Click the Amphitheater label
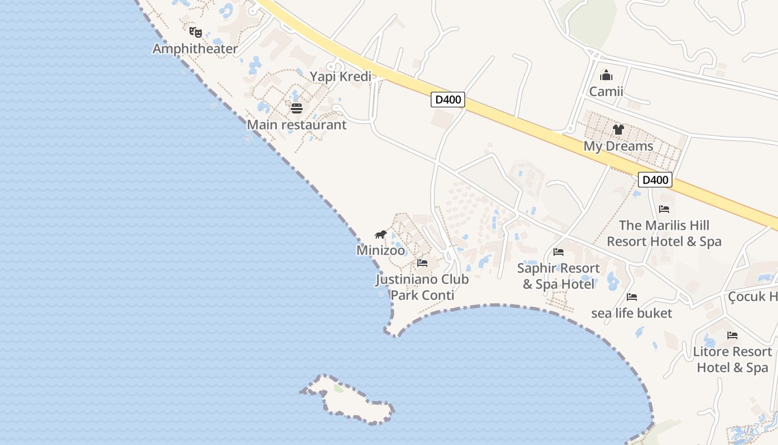195,49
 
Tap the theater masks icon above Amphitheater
194,32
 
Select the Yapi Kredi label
340,76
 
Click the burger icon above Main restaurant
297,108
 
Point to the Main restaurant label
297,125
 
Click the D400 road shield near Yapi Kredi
448,100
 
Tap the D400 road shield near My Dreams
655,180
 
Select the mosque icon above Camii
606,75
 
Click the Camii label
606,91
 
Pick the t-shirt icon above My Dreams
618,130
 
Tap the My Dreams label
618,146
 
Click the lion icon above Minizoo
381,234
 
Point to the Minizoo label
381,250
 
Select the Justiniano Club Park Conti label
422,287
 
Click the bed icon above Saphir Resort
558,252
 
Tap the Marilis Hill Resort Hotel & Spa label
664,233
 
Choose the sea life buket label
632,313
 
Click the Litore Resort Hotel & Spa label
732,359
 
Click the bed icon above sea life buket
632,297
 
